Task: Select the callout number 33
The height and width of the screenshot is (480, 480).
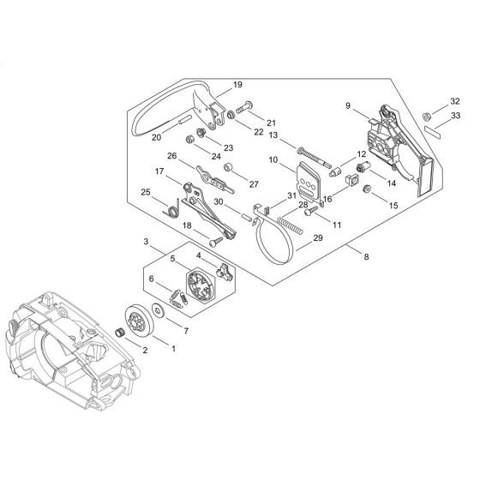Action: tap(455, 116)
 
